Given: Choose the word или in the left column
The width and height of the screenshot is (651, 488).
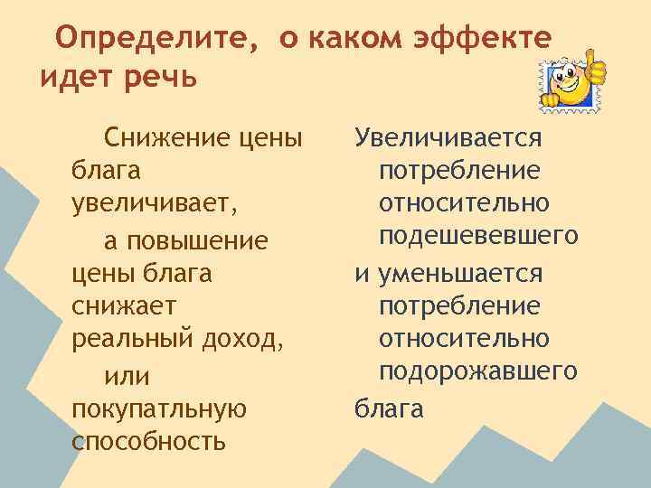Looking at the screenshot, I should point(127,374).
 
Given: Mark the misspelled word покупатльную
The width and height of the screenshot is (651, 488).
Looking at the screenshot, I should point(158,408).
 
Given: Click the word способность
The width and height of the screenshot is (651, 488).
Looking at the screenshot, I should point(147,442).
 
